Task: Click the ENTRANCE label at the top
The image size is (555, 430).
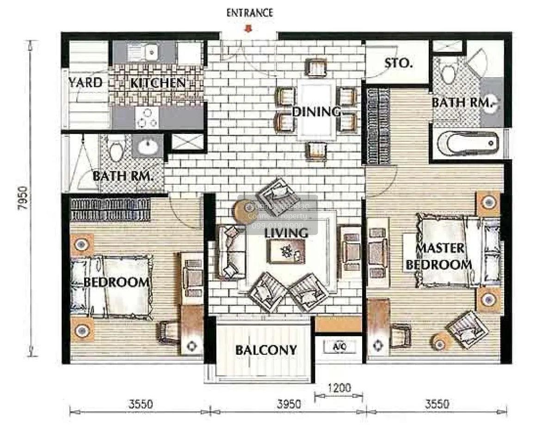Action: click(249, 12)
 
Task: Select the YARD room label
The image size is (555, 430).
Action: click(86, 83)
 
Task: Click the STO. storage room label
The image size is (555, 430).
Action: click(398, 63)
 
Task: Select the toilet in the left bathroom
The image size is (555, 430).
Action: click(117, 147)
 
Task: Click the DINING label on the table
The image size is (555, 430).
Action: click(316, 111)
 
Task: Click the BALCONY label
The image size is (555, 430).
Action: click(266, 350)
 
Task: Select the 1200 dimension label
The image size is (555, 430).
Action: click(339, 388)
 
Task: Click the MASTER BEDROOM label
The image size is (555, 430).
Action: click(439, 256)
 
